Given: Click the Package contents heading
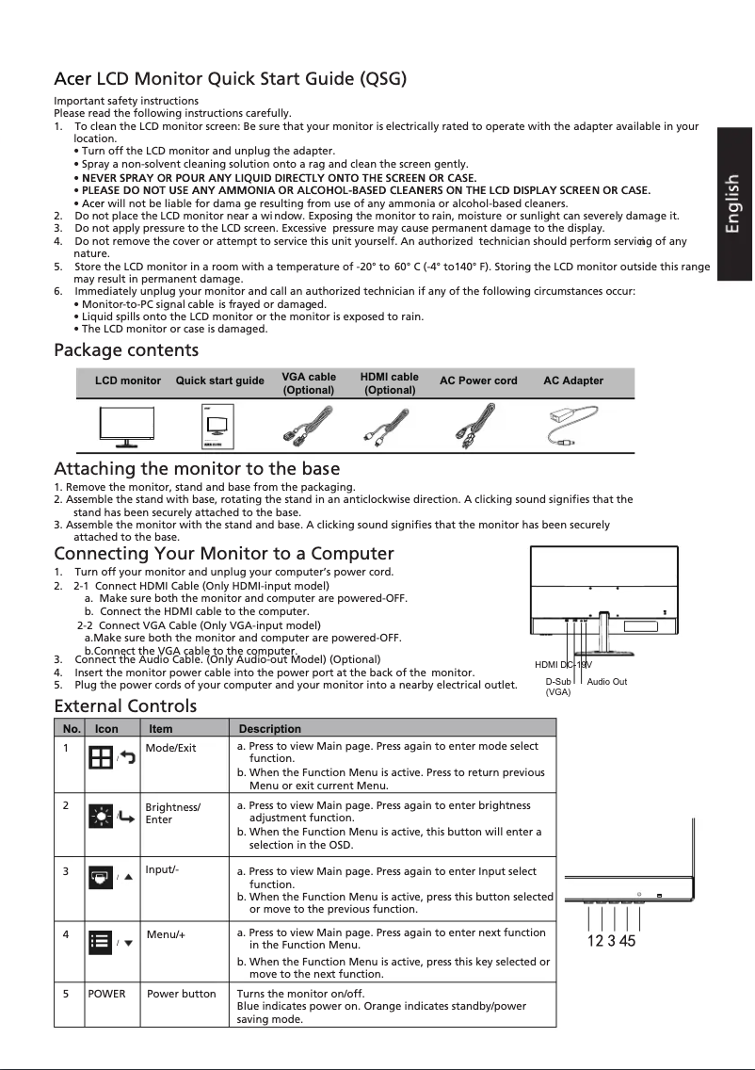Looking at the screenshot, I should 126,351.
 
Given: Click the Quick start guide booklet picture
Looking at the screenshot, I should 218,428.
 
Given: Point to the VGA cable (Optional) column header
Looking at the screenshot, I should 308,382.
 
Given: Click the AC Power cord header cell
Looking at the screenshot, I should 478,381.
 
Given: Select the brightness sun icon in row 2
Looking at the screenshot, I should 101,816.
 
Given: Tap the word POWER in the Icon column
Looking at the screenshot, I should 106,994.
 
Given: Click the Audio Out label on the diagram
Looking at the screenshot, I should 606,681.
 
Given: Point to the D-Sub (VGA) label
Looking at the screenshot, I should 558,686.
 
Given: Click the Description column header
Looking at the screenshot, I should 270,729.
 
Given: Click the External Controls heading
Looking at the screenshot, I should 125,706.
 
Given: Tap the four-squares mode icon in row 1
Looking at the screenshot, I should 100,757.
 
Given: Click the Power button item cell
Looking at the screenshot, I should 182,994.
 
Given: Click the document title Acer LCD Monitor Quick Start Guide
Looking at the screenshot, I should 230,78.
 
